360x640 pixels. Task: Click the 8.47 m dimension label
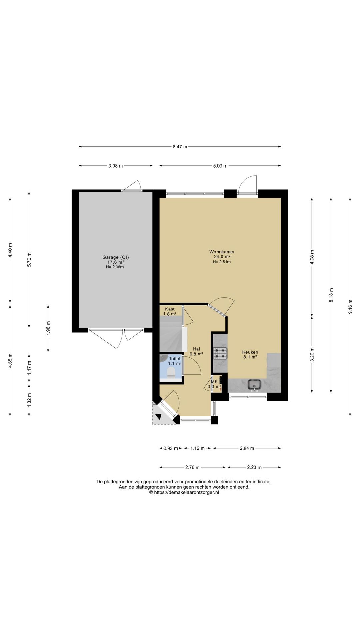pos(180,147)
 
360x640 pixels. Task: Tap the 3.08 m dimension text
pos(115,166)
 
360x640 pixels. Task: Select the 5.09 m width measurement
pos(220,166)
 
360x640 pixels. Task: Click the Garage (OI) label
pos(115,257)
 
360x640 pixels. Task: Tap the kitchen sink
pos(255,385)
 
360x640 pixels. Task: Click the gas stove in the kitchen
pos(220,353)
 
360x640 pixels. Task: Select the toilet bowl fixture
pos(171,372)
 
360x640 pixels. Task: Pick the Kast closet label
pos(170,309)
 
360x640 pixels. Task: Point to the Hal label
pos(196,349)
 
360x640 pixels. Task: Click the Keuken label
pos(250,352)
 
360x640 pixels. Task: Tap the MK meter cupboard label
pos(214,382)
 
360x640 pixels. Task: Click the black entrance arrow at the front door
pos(158,416)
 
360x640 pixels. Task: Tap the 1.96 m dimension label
pos(48,328)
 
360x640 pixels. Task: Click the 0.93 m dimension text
pos(170,448)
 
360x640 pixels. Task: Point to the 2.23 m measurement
pos(254,467)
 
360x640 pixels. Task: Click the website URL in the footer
pos(184,492)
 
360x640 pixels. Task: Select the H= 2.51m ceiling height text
pos(222,262)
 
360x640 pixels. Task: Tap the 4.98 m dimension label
pos(312,257)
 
